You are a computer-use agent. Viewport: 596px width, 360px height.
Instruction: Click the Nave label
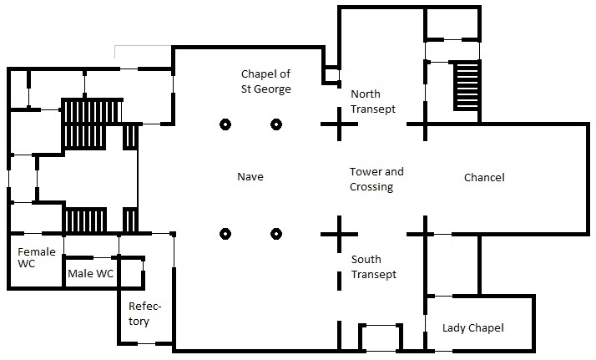click(250, 177)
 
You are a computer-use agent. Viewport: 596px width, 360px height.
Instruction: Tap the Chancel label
click(484, 178)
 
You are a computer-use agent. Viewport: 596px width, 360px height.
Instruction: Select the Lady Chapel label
click(472, 328)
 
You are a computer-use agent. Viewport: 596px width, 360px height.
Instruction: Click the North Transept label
click(372, 101)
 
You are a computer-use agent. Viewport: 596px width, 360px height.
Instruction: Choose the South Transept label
click(373, 266)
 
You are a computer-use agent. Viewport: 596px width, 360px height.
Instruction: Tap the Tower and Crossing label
click(376, 179)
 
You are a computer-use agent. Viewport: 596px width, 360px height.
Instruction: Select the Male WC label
click(89, 274)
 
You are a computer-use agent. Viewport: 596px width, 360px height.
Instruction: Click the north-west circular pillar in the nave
click(225, 124)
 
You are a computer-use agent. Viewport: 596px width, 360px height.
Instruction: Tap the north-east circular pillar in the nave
click(275, 124)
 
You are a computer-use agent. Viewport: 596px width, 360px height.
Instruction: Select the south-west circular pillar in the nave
click(225, 233)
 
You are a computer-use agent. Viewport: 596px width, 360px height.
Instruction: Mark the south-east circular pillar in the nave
click(275, 233)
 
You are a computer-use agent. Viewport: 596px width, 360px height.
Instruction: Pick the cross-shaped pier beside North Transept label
click(339, 124)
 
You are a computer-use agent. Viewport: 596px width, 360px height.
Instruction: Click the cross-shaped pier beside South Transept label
click(339, 233)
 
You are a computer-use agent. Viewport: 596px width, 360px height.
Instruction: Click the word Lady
click(455, 328)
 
